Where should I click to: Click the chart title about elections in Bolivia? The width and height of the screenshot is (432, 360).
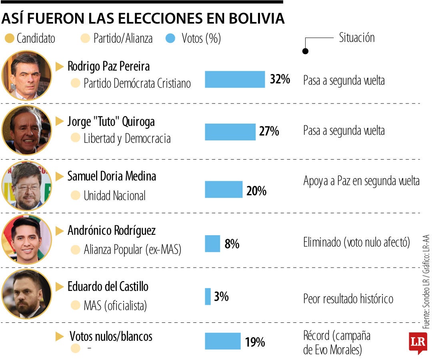point(143,18)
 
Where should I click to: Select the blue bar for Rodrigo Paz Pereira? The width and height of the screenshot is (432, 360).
point(235,79)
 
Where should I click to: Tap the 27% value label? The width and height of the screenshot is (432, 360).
point(269,131)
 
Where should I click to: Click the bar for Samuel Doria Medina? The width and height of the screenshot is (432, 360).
point(224,190)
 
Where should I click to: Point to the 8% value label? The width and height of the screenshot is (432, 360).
point(232,244)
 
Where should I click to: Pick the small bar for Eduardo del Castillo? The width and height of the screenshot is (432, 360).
point(208,296)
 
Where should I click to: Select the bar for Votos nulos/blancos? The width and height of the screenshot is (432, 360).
point(223,341)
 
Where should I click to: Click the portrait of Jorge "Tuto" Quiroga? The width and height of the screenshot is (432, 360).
point(26,130)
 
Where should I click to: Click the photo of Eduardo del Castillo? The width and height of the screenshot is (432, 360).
point(26,294)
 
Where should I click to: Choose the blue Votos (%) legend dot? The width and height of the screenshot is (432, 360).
point(170,39)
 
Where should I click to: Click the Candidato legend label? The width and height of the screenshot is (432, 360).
point(36,39)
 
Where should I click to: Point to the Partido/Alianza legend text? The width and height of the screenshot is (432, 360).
point(123,39)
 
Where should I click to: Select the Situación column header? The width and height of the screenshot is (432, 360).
point(357,38)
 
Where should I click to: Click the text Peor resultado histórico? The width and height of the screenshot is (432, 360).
point(348,299)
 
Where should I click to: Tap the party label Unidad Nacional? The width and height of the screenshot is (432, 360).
point(114,196)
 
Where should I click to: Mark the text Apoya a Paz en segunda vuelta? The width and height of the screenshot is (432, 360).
point(361,181)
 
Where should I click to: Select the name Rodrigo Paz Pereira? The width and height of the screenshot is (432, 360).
point(109,66)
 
